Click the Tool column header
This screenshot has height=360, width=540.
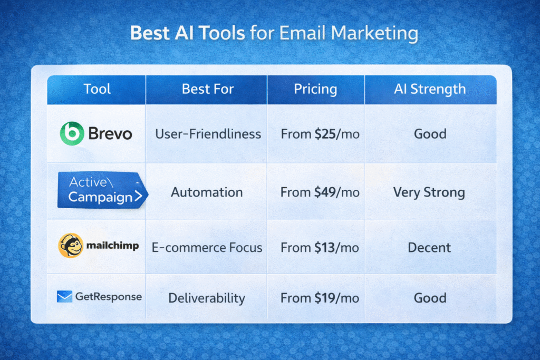tap(97, 89)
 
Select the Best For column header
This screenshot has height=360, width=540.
tap(207, 89)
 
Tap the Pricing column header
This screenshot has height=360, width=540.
tap(315, 89)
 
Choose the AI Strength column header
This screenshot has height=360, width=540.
tap(430, 89)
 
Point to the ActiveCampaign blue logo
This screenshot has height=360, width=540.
tap(101, 190)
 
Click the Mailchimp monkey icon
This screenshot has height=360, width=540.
tap(71, 246)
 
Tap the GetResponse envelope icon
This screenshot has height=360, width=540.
tap(64, 297)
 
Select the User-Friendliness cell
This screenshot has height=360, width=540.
tap(208, 134)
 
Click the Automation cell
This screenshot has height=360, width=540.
tap(207, 192)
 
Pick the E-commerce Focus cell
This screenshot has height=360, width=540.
tap(207, 247)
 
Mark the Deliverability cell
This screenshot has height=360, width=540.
tap(207, 298)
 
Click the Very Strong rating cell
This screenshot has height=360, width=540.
tap(429, 192)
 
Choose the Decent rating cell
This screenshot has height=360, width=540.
tap(429, 247)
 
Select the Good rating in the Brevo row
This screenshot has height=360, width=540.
tap(430, 134)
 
